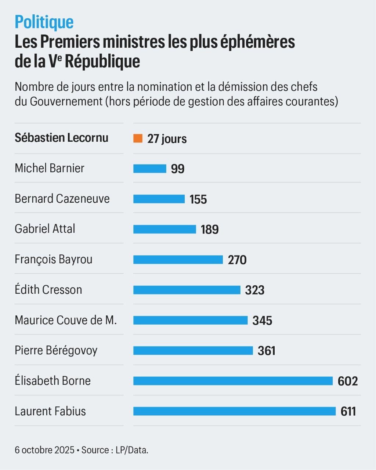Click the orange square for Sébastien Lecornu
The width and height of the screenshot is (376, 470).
(x=138, y=138)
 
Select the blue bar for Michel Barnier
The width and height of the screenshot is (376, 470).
(x=149, y=169)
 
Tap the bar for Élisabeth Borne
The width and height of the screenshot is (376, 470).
(x=233, y=381)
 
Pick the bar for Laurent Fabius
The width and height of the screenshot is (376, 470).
(x=234, y=411)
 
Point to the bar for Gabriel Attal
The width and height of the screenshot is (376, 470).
(x=164, y=229)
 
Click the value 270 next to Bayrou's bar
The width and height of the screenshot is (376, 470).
(x=237, y=260)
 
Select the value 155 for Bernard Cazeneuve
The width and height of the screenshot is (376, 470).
(x=198, y=199)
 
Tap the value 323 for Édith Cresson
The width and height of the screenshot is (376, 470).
(x=255, y=290)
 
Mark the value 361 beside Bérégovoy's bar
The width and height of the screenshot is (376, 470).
(x=267, y=351)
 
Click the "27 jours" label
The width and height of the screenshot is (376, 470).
(x=167, y=139)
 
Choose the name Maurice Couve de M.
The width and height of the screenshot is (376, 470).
(x=66, y=320)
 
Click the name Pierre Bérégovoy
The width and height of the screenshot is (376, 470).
(x=56, y=350)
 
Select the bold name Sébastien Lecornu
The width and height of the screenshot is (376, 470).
(x=61, y=138)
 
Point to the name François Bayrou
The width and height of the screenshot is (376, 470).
(x=54, y=260)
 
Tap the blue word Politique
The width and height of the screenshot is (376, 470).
(x=44, y=22)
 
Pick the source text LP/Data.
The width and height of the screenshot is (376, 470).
(x=132, y=450)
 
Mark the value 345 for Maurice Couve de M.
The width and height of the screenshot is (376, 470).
(x=262, y=321)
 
